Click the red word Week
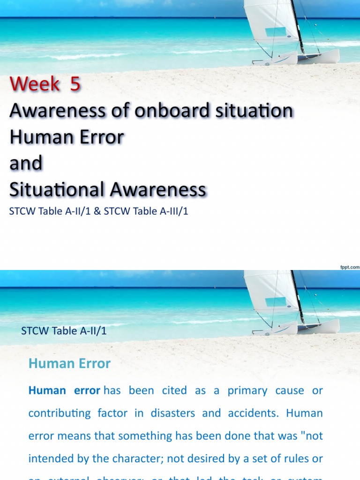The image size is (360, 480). pos(34,84)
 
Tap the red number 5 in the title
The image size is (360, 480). pos(75,84)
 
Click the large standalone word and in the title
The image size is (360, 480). pos(26,164)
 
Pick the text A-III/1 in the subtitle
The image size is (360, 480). pos(172,211)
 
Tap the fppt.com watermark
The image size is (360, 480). pos(349,267)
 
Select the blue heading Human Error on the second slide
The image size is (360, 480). pos(69,363)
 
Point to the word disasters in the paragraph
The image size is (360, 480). pos(172,413)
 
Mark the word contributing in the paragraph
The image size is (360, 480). pos(60,413)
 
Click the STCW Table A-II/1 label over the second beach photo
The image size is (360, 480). pos(64,331)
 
